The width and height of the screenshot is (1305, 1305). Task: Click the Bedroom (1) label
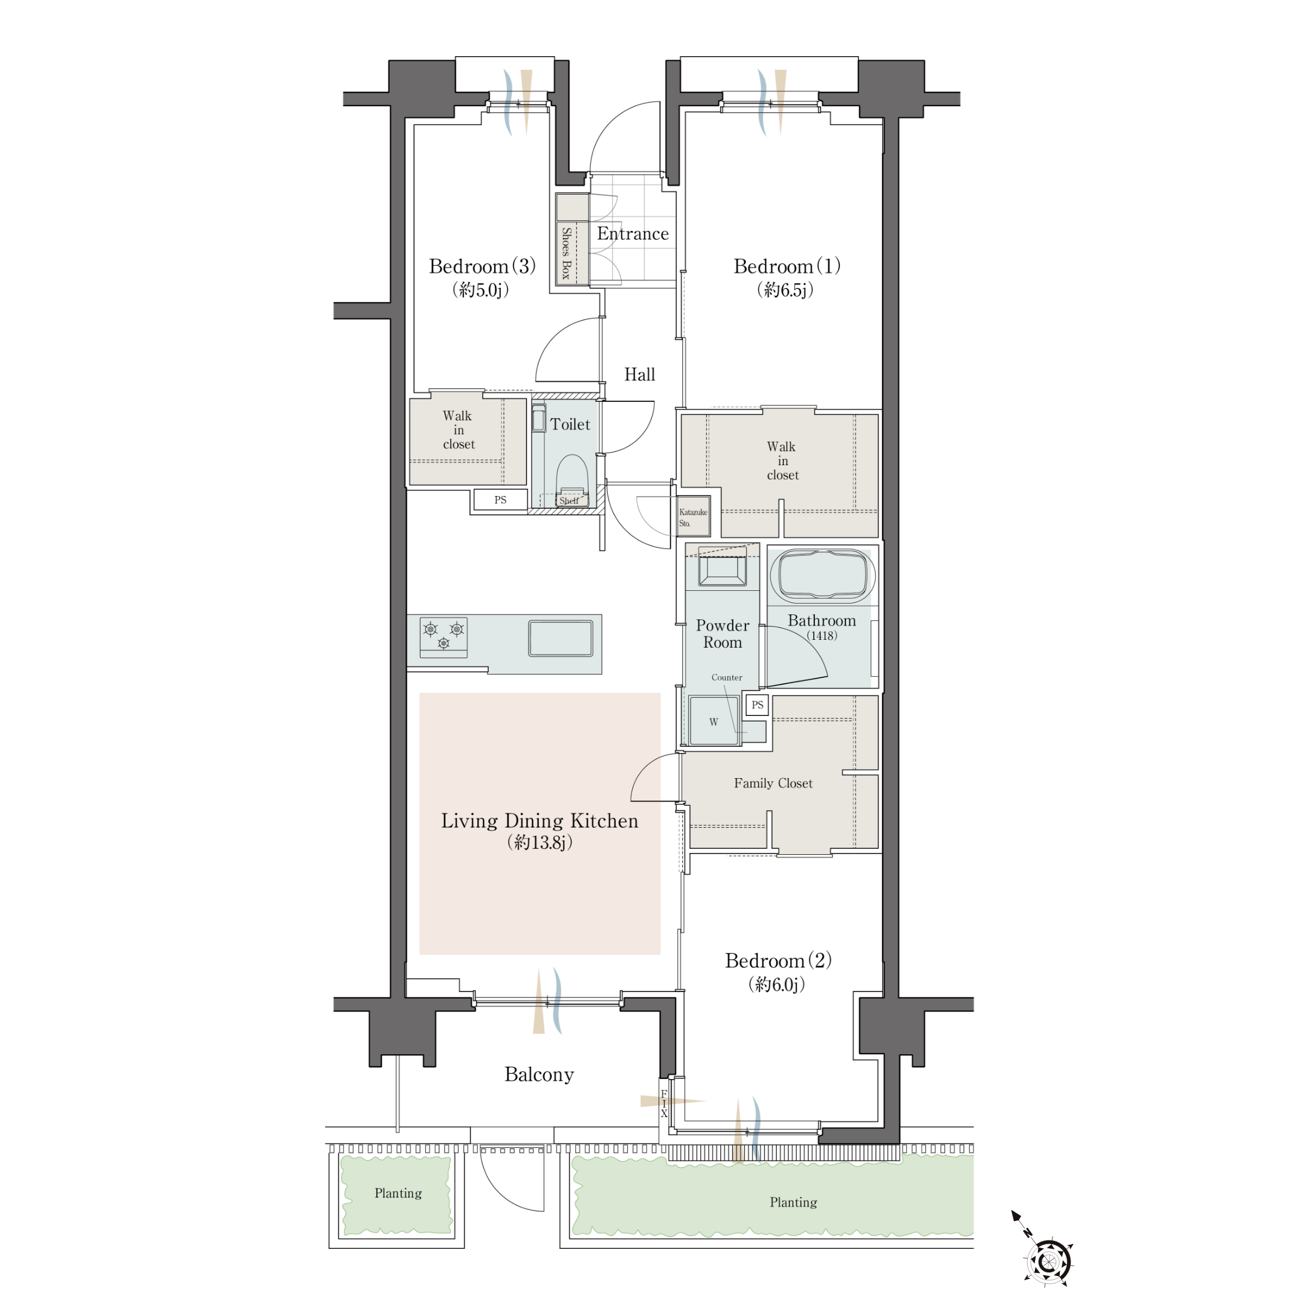point(787,266)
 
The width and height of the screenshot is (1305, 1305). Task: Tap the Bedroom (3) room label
point(482,266)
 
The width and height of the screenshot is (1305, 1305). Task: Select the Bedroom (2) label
point(778,961)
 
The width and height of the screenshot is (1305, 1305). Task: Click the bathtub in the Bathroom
point(822,575)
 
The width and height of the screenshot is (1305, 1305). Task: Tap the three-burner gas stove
point(443,637)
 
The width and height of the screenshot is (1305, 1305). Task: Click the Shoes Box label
point(566,253)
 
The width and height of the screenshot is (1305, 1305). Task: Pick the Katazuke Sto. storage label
point(693,517)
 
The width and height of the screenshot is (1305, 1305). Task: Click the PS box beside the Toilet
point(500,500)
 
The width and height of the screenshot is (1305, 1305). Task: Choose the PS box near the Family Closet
point(757,704)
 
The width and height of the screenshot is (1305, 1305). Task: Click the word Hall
point(639,374)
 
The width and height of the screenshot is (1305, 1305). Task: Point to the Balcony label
point(539,1074)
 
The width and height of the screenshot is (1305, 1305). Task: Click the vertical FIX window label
point(664,1104)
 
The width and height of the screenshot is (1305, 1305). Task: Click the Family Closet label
point(773,783)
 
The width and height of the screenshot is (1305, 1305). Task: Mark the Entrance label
point(633,234)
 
